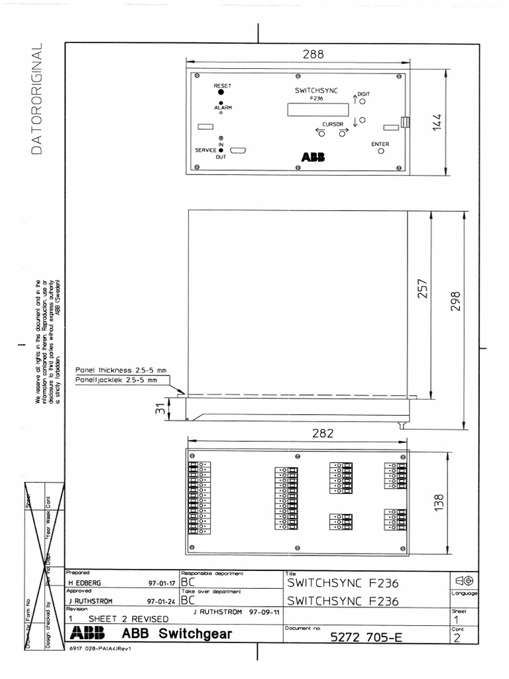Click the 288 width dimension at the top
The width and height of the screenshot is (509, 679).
point(313,55)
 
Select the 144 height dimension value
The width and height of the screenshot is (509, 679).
point(436,123)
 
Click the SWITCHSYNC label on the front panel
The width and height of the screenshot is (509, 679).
point(316,90)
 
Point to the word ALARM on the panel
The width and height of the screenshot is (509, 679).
point(222,107)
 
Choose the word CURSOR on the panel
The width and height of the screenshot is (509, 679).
point(332,125)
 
